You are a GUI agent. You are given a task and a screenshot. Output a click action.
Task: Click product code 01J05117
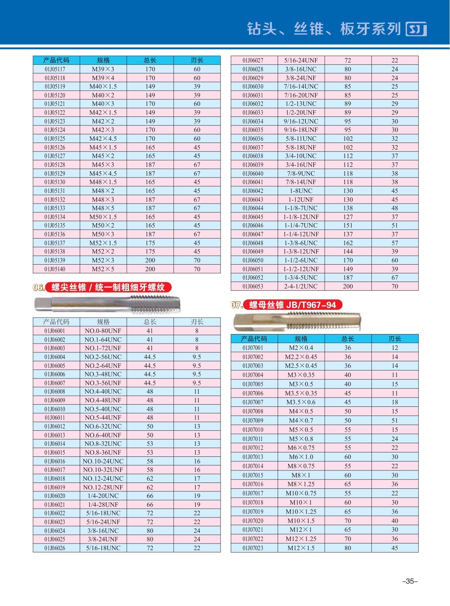[55, 69]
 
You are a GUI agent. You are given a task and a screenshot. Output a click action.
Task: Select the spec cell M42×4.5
[103, 139]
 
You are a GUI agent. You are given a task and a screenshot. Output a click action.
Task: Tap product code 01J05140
[55, 269]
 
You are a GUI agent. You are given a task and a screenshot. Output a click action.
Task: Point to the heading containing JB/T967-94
[292, 305]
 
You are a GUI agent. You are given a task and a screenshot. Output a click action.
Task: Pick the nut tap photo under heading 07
[297, 322]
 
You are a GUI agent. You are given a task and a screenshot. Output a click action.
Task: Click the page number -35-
[410, 581]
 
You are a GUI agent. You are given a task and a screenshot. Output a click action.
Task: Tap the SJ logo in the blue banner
[416, 29]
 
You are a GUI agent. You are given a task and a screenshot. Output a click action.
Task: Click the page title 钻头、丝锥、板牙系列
[324, 29]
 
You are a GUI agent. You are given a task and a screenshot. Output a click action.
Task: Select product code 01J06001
[55, 331]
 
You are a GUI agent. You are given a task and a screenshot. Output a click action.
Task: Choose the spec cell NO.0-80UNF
[103, 331]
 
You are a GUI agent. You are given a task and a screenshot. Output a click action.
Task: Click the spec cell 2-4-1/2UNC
[301, 286]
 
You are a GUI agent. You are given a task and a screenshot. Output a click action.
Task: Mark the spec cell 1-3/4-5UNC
[301, 277]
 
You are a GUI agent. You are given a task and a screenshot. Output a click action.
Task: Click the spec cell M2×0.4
[301, 348]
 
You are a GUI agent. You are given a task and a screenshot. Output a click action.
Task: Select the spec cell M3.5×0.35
[301, 393]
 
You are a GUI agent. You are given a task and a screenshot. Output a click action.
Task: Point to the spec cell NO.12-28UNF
[103, 487]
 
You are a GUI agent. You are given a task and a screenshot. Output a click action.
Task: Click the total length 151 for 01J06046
[348, 225]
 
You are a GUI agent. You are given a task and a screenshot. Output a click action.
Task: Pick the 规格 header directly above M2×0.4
[301, 338]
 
